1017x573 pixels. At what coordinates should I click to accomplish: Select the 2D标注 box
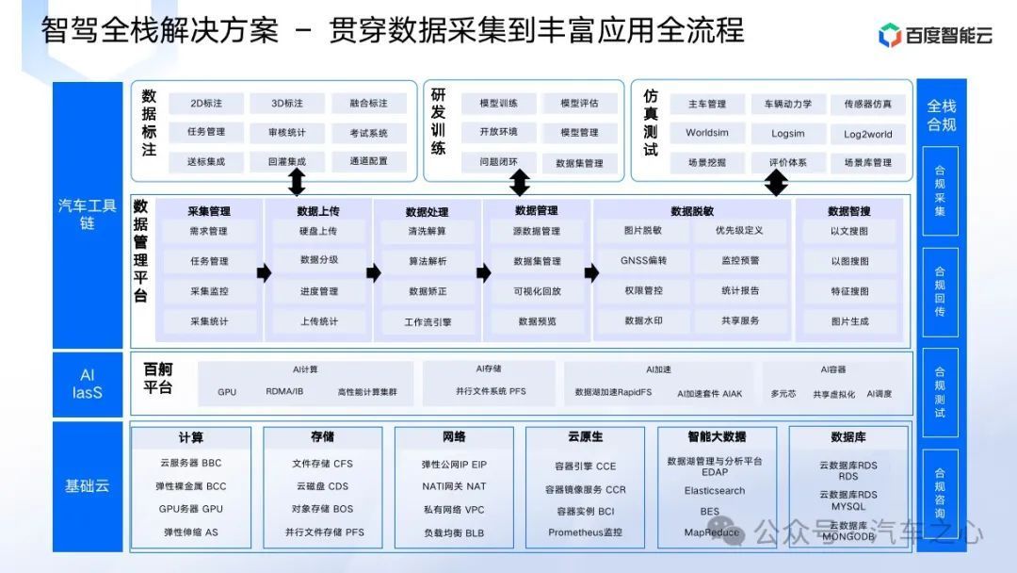point(206,104)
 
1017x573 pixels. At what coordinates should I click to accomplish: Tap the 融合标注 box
point(368,104)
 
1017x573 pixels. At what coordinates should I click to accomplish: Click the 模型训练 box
point(498,104)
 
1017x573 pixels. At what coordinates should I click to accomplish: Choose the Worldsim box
point(707,133)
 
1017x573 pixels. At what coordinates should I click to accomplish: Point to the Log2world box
point(867,134)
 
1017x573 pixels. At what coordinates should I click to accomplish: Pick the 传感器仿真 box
point(867,104)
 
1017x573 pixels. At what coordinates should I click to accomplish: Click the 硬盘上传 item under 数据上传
point(318,231)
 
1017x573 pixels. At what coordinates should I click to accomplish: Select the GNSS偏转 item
point(643,261)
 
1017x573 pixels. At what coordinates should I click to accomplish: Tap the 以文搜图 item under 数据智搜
point(849,231)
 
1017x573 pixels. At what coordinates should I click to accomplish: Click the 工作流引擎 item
point(428,321)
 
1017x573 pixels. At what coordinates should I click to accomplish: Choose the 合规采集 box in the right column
point(939,191)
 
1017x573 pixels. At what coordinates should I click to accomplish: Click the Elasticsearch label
point(715,491)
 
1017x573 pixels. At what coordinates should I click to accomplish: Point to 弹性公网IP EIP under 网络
point(454,465)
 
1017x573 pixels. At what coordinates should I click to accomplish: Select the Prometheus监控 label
point(585,532)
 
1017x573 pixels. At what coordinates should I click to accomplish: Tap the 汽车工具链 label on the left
point(88,214)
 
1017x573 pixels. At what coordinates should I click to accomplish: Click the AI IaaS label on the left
point(88,384)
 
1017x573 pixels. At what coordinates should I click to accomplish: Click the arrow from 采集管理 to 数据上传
point(264,272)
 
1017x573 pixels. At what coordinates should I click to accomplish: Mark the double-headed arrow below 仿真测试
point(776,183)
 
